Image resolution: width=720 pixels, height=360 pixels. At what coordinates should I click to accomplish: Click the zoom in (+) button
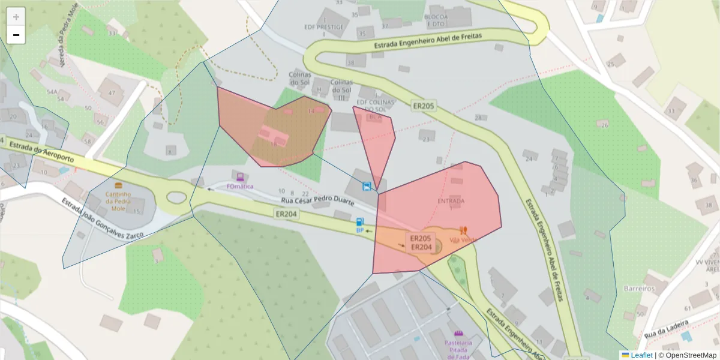(16, 17)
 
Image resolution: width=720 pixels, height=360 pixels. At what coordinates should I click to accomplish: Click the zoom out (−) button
(16, 35)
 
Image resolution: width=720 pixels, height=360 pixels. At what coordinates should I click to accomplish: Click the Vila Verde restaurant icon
(463, 230)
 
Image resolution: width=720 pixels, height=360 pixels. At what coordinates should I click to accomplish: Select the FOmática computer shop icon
(240, 176)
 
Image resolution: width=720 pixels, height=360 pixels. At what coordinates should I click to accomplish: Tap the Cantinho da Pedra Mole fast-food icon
(118, 185)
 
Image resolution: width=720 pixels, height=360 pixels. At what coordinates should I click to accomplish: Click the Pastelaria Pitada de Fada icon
(459, 333)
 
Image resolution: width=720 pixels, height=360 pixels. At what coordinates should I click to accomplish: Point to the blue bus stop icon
(366, 186)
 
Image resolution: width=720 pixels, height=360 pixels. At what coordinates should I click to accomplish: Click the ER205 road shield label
(423, 106)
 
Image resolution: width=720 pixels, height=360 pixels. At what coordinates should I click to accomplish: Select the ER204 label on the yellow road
(287, 213)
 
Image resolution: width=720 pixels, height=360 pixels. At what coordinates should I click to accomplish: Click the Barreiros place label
(639, 288)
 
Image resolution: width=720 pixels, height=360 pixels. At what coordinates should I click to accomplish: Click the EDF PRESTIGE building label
(325, 27)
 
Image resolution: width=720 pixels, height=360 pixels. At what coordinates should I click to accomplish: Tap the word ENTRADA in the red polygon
(451, 201)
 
